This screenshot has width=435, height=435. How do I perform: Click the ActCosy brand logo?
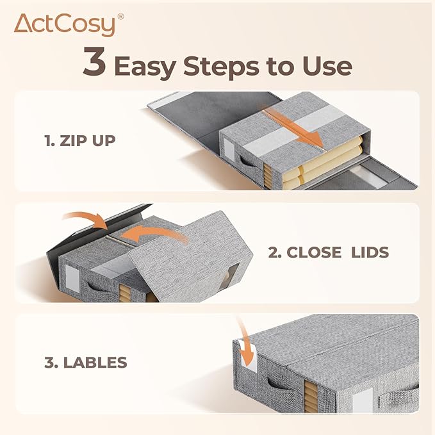pyautogui.click(x=69, y=25)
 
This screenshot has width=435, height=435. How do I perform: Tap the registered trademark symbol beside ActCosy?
pyautogui.click(x=120, y=17)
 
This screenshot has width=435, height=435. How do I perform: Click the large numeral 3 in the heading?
pyautogui.click(x=94, y=62)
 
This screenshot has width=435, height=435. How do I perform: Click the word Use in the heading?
pyautogui.click(x=327, y=66)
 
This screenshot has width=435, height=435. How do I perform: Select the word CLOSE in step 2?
pyautogui.click(x=314, y=252)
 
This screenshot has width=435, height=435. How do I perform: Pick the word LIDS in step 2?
pyautogui.click(x=370, y=252)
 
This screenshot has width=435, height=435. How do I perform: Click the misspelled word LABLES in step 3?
pyautogui.click(x=95, y=363)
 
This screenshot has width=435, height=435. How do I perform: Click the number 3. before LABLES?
pyautogui.click(x=51, y=363)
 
